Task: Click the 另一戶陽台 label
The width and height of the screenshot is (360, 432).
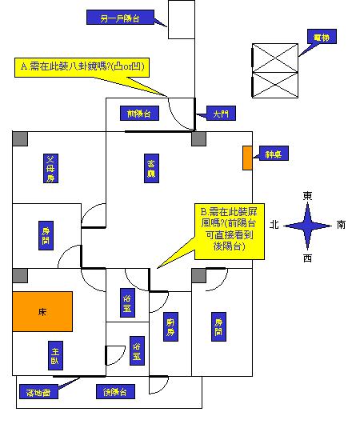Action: (117, 17)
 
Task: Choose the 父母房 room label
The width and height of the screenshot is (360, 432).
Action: (50, 169)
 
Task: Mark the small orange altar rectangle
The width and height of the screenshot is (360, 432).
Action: (248, 158)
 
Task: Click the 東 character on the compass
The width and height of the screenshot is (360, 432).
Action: (307, 195)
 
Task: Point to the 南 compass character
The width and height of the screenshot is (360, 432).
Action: (342, 225)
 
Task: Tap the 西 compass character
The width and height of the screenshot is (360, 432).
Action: (307, 258)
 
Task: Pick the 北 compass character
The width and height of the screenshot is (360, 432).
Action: (274, 225)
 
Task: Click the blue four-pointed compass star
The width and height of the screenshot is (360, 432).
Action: (307, 226)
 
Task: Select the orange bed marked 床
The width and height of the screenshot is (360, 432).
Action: (42, 310)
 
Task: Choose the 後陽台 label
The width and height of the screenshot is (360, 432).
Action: (115, 392)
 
